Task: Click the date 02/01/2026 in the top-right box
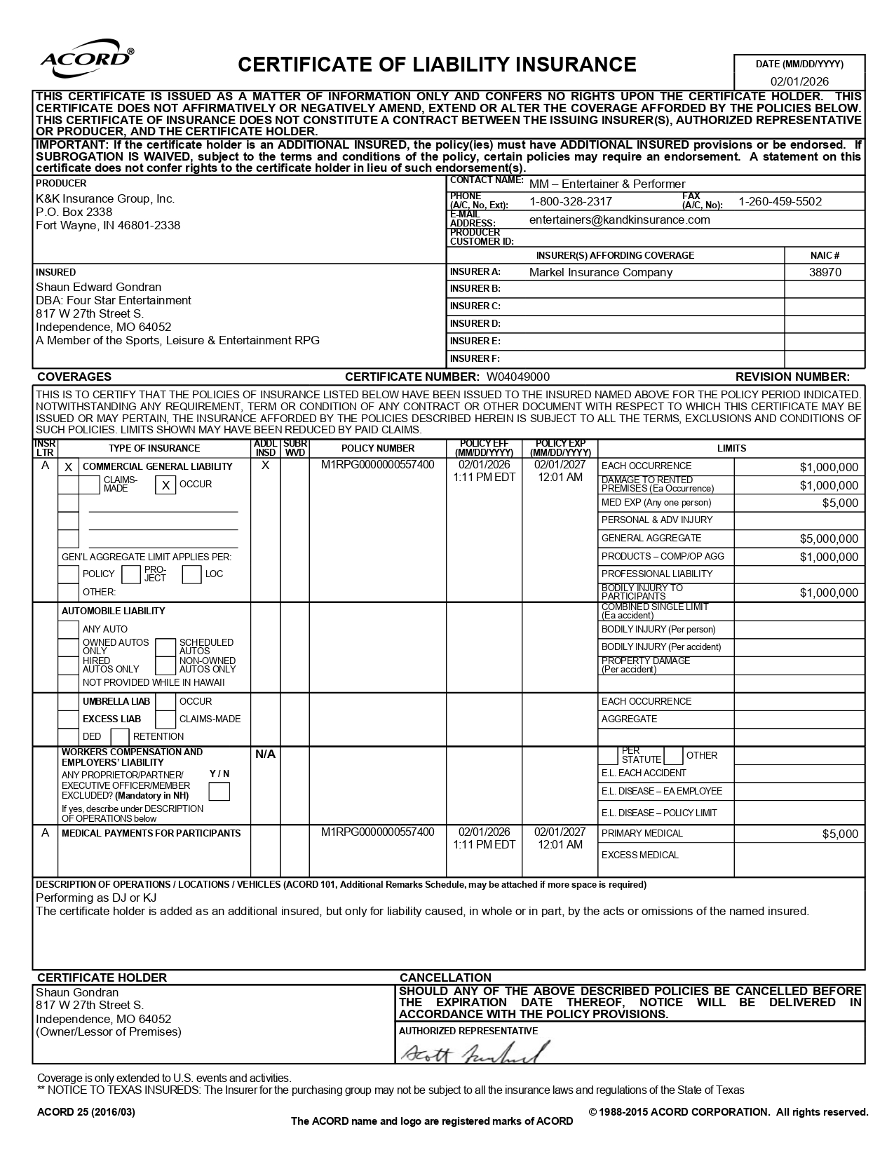pyautogui.click(x=799, y=81)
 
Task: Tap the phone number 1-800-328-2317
pyautogui.click(x=570, y=202)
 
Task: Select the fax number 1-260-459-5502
pyautogui.click(x=780, y=202)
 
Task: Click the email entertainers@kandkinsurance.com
pyautogui.click(x=619, y=219)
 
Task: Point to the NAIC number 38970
pyautogui.click(x=825, y=272)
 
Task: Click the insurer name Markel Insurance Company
pyautogui.click(x=600, y=272)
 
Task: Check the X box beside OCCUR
pyautogui.click(x=165, y=485)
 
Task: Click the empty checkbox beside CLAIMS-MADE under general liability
pyautogui.click(x=90, y=485)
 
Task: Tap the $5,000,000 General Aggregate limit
pyautogui.click(x=828, y=539)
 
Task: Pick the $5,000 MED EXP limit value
pyautogui.click(x=839, y=503)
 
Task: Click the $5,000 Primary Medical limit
pyautogui.click(x=839, y=834)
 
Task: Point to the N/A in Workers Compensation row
pyautogui.click(x=265, y=755)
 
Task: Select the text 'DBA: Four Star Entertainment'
pyautogui.click(x=114, y=300)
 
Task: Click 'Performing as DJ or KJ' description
pyautogui.click(x=96, y=898)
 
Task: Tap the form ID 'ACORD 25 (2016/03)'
pyautogui.click(x=86, y=1112)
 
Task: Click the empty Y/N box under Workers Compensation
pyautogui.click(x=219, y=792)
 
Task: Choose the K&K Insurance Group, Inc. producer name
pyautogui.click(x=105, y=199)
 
